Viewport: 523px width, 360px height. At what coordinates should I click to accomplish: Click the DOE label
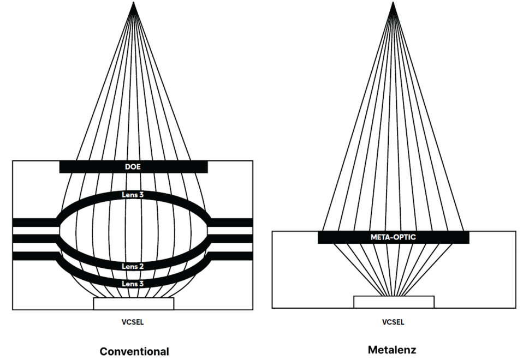point(133,166)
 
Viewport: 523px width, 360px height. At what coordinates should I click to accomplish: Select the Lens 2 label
point(133,266)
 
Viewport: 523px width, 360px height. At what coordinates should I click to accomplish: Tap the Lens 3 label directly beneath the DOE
point(133,195)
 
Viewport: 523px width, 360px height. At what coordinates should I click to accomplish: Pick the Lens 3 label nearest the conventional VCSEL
point(133,284)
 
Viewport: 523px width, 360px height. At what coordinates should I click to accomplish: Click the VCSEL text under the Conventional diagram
point(133,322)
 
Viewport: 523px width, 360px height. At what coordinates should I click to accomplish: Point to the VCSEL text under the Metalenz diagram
point(393,322)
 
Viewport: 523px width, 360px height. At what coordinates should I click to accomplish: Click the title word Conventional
point(134,351)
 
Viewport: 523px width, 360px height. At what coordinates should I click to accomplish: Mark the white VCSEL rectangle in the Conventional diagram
point(133,303)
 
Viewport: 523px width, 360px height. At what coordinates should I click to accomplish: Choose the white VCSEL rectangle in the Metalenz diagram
point(394,302)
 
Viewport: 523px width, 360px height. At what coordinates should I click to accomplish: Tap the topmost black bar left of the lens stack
point(34,222)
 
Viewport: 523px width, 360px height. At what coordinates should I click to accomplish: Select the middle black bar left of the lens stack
point(34,238)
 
